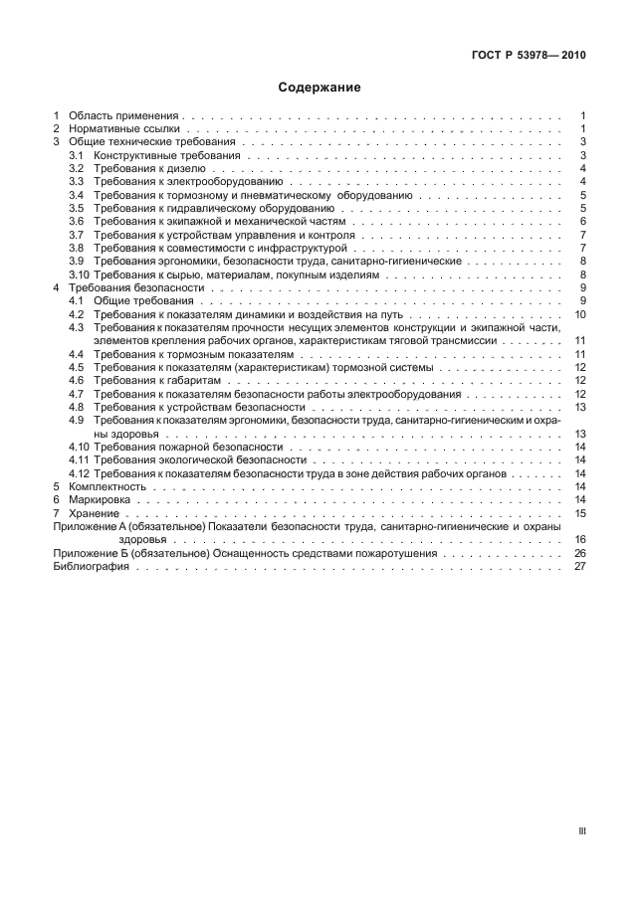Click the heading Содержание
[321, 88]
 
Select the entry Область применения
[125, 116]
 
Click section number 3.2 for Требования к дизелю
[77, 169]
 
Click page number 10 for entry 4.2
[580, 314]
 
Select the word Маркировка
[100, 499]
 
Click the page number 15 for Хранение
[580, 513]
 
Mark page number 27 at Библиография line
[580, 566]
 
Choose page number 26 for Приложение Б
[580, 553]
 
